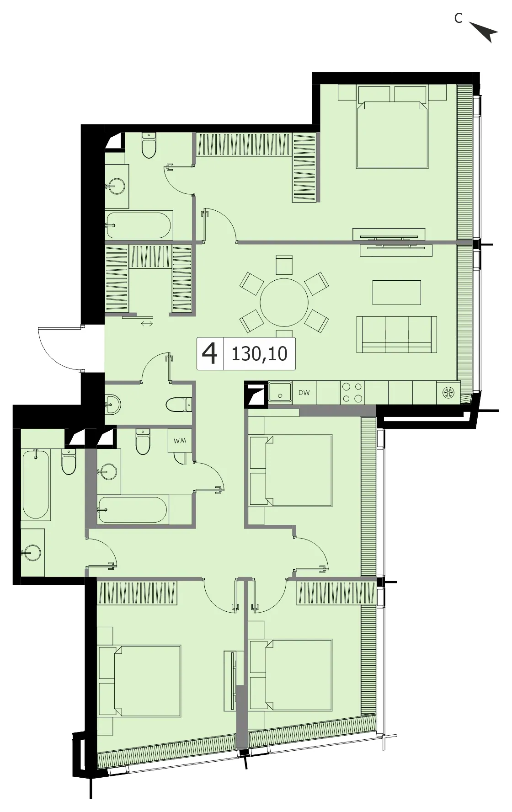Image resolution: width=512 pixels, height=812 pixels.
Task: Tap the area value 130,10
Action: coord(259,354)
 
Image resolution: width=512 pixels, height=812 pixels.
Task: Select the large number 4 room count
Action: coord(209,353)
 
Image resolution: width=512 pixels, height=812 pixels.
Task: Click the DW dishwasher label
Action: coord(304,393)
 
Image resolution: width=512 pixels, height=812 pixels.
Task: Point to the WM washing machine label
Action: coord(180,441)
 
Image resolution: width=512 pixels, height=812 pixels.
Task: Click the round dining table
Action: coord(284,302)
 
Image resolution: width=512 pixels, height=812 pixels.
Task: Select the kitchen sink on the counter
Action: coord(280,392)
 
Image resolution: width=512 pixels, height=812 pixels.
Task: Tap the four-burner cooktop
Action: coord(352,393)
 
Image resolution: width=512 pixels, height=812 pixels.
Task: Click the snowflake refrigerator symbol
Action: coord(448,393)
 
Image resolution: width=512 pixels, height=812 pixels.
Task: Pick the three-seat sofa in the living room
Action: coord(396,335)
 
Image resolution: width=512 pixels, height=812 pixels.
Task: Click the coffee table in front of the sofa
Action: coord(396,293)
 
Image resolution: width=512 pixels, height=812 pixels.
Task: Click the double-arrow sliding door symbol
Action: coord(147,324)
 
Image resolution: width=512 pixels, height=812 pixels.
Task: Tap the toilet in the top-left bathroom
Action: coord(149,145)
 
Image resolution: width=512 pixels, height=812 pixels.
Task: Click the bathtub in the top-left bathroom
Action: coord(139,225)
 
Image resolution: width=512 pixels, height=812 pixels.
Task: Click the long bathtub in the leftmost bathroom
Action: coord(35,484)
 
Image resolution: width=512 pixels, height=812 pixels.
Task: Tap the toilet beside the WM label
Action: coord(143,441)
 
